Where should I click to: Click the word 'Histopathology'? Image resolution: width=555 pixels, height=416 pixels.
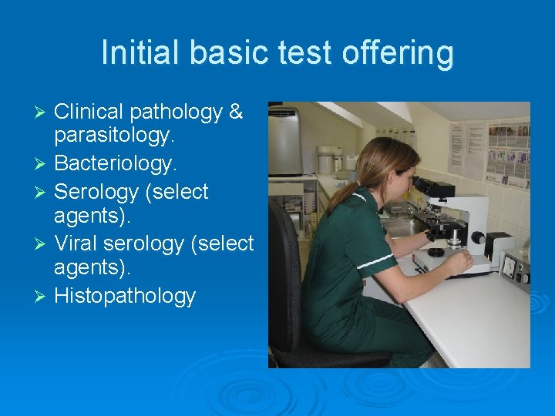click(x=125, y=296)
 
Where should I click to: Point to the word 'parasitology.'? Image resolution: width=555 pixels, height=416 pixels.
click(x=115, y=138)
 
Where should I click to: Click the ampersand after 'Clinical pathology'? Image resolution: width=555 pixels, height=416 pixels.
click(x=236, y=112)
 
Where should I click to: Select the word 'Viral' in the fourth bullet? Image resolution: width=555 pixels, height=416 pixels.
click(x=79, y=243)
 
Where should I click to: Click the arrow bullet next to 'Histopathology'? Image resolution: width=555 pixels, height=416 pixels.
click(x=42, y=297)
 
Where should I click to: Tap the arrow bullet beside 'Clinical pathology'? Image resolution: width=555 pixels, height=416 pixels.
click(x=42, y=112)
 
